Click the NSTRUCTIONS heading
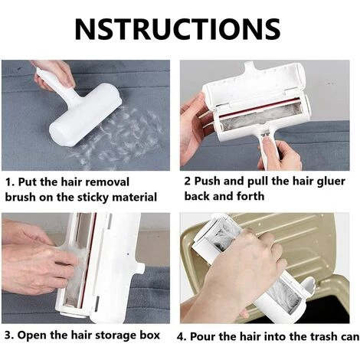coord(178,28)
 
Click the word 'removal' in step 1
coord(107,182)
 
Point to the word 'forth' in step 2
coord(250,196)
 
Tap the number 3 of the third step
coord(8,335)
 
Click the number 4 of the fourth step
coord(181,337)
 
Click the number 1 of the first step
coord(8,182)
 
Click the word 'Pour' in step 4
coord(203,336)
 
